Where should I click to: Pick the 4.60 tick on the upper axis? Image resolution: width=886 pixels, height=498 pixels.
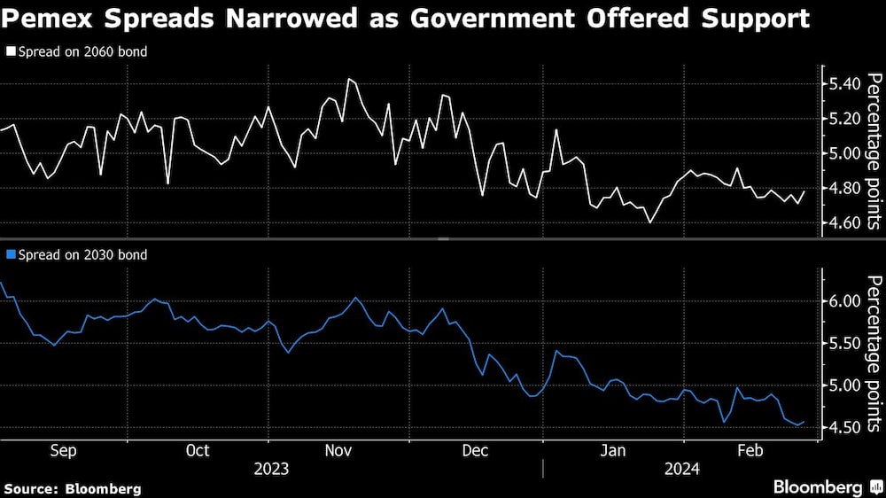click(843, 222)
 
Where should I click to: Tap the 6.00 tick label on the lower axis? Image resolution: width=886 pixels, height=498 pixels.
click(843, 301)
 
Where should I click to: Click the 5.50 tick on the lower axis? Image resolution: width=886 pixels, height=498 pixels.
click(843, 344)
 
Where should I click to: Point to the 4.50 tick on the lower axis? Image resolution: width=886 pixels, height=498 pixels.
click(843, 428)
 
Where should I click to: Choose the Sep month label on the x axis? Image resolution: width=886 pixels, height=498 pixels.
click(62, 450)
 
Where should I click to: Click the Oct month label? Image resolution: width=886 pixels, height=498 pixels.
click(198, 450)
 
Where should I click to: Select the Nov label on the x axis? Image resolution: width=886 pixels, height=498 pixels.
click(338, 450)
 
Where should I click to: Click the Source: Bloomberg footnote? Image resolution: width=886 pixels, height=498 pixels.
click(72, 488)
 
